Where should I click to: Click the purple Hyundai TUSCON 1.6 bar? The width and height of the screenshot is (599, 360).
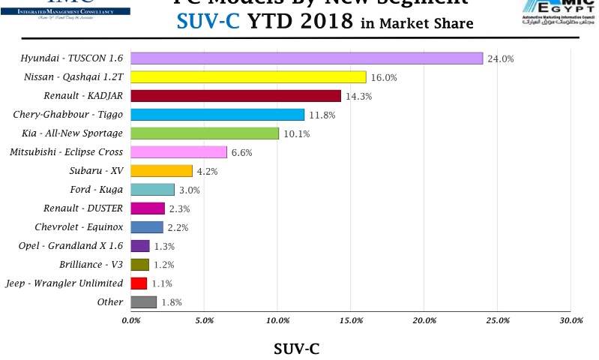[307, 58]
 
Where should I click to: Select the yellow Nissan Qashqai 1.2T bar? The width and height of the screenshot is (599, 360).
[248, 77]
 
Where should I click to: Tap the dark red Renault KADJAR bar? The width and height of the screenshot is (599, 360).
[235, 96]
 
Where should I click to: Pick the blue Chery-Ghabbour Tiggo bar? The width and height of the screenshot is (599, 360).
[217, 115]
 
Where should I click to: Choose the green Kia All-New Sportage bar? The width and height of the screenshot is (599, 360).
[205, 133]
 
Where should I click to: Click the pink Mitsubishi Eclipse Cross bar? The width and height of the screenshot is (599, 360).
[178, 152]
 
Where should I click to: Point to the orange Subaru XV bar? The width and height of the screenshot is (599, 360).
[161, 171]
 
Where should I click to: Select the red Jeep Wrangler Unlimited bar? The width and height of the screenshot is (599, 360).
[139, 283]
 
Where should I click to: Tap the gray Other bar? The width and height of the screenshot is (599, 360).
[143, 302]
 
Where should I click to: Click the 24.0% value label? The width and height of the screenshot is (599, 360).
[500, 58]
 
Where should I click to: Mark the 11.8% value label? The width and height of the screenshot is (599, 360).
[320, 115]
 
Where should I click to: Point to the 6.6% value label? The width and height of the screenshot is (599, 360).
[241, 152]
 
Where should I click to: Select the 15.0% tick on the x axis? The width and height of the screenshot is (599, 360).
[351, 321]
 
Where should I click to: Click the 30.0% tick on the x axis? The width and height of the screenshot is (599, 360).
[571, 321]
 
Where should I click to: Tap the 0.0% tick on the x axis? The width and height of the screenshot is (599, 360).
[130, 321]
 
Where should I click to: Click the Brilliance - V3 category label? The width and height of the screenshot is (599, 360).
[91, 265]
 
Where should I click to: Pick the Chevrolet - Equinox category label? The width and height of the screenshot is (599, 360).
[80, 227]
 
